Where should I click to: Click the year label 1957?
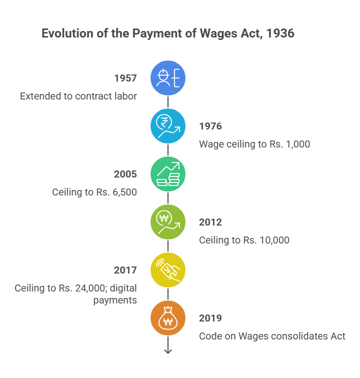coord(125,78)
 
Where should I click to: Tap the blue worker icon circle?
coord(168,78)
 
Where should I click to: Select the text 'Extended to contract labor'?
coord(78,96)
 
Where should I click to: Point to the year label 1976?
coord(210,126)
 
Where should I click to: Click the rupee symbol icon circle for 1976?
coord(168,126)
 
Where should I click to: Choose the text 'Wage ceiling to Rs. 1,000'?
coord(254,144)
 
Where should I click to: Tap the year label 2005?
coord(125,174)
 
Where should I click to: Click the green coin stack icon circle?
coord(168,174)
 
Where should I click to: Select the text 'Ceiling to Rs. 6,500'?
coord(94,192)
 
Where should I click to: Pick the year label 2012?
coord(210,222)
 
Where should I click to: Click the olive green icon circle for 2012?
coord(168,222)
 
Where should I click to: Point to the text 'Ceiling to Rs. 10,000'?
coord(244,240)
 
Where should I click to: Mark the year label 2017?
coord(125,270)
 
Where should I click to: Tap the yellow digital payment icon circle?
coord(168,270)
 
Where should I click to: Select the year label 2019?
coord(210,318)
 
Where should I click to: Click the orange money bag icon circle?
coord(168,318)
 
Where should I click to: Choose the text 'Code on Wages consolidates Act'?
coord(272,336)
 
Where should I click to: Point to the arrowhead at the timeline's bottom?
coord(168,351)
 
